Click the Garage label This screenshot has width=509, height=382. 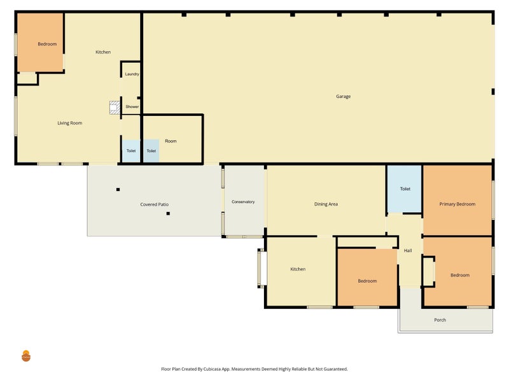(343, 97)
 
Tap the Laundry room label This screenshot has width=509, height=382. (132, 74)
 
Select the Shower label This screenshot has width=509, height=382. (132, 106)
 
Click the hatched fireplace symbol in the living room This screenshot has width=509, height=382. (115, 108)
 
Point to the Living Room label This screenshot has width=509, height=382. (70, 123)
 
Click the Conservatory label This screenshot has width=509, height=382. (243, 202)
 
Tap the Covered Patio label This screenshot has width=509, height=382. (155, 204)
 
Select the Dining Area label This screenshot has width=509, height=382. (326, 204)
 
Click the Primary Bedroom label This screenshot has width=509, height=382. (457, 204)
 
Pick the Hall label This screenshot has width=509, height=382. (408, 250)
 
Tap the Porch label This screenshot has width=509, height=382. (440, 320)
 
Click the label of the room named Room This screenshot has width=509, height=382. (171, 141)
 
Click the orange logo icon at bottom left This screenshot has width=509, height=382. (26, 356)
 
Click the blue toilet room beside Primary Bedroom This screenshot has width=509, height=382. (405, 189)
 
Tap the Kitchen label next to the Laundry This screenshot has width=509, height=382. (103, 52)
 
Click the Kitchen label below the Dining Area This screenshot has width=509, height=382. (298, 269)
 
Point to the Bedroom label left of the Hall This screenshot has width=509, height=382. (367, 281)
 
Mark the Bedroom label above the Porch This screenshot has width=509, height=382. (460, 275)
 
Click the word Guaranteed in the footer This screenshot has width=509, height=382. (336, 369)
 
